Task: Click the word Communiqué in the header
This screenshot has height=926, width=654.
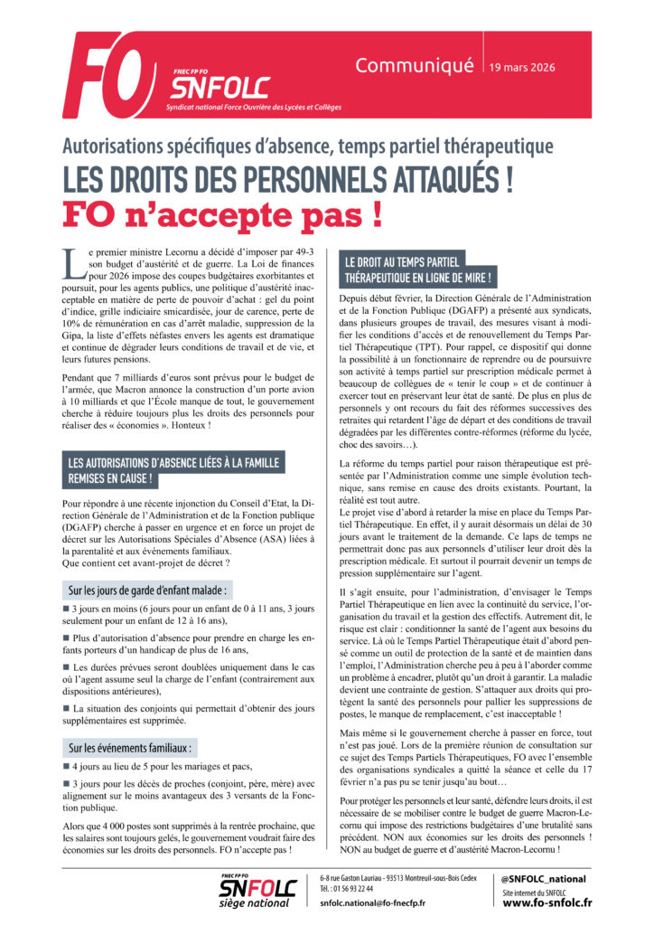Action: [x=415, y=65]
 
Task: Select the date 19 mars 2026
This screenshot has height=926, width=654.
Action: [x=522, y=67]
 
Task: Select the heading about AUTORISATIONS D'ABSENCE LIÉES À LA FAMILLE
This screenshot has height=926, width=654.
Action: [x=172, y=470]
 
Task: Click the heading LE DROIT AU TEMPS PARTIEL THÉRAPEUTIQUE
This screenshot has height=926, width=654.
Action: [x=418, y=269]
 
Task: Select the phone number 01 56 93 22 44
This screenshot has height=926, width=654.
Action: [x=359, y=889]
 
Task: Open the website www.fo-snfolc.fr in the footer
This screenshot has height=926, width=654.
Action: [x=547, y=902]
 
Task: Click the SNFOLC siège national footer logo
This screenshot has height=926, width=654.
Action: [x=257, y=891]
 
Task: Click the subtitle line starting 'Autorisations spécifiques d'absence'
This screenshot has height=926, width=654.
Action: [x=307, y=145]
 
